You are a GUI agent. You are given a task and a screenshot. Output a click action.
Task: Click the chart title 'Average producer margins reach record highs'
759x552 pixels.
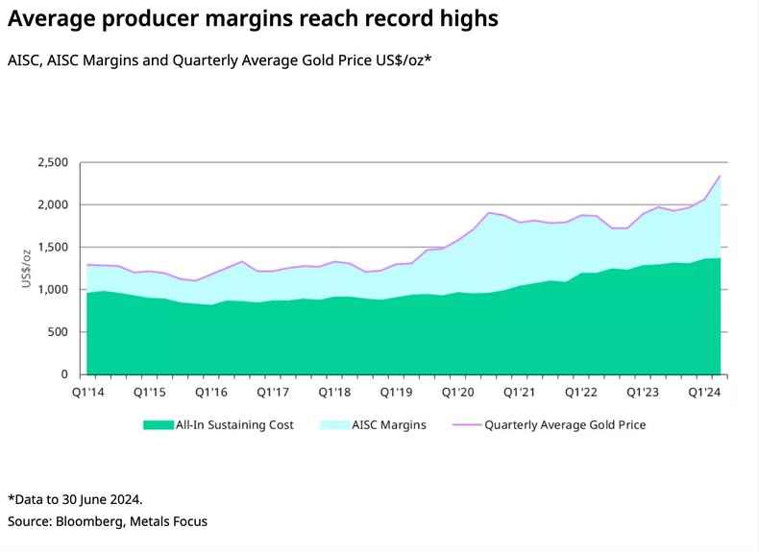tap(253, 18)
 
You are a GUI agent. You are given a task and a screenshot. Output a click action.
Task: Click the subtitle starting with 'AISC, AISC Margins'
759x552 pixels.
tap(219, 60)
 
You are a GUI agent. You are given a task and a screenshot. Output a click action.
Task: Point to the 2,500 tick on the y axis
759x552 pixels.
tap(53, 162)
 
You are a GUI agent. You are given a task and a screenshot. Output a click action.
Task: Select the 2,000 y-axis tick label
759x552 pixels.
tap(53, 204)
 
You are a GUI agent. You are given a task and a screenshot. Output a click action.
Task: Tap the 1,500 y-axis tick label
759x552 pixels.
tap(53, 247)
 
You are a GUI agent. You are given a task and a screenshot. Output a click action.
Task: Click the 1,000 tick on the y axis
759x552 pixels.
tap(53, 289)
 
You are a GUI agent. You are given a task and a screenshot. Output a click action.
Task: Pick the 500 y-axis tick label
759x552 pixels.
tap(59, 331)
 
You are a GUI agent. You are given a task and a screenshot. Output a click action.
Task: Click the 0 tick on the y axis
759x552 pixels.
tap(64, 373)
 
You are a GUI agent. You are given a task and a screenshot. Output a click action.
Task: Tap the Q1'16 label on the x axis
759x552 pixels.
tap(210, 393)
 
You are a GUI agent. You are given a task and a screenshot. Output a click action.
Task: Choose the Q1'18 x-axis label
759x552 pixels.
tap(334, 393)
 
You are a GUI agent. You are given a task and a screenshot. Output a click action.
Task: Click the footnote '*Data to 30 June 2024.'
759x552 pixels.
tap(75, 499)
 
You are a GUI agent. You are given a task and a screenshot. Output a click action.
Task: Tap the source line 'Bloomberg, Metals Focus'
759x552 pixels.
tap(108, 521)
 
